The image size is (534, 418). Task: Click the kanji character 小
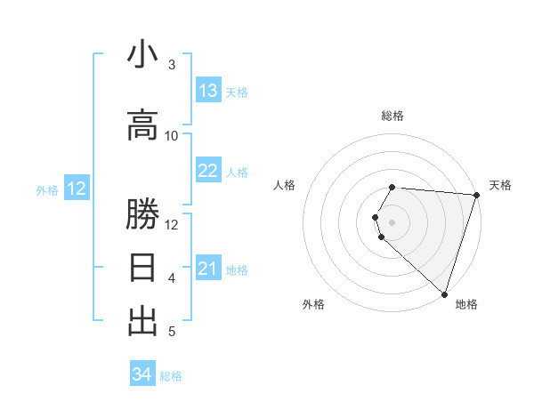142,55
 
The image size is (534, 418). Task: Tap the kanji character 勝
142,214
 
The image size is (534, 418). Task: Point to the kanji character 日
142,268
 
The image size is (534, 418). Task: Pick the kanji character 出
142,321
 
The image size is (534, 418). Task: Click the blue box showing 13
208,91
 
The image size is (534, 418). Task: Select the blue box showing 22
208,171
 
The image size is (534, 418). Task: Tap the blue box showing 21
208,269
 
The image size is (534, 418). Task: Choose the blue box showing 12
77,189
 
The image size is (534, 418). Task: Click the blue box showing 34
142,374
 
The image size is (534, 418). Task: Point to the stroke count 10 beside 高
172,135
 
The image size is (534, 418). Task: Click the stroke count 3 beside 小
172,64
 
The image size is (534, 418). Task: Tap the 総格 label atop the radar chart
392,116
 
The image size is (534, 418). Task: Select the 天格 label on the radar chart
500,185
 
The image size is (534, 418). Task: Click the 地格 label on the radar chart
466,304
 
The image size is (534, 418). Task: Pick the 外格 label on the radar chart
313,304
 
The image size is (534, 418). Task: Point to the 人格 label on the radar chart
285,185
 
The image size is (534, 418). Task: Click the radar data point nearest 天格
476,195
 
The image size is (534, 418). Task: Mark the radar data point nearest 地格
444,293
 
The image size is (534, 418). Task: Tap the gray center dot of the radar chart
392,221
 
